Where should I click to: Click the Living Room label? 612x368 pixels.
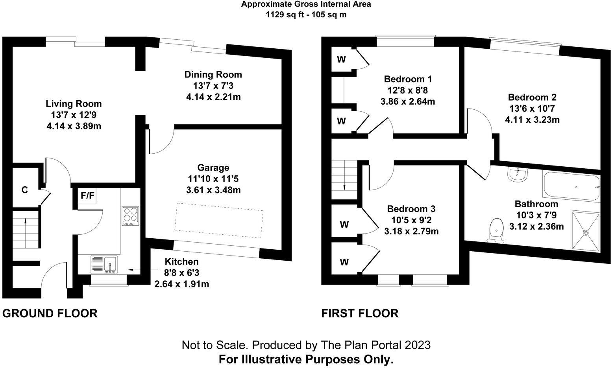(74, 104)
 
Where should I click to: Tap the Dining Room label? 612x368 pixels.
(213, 74)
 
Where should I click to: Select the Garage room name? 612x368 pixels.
(213, 168)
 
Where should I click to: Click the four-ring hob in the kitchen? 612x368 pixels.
(130, 216)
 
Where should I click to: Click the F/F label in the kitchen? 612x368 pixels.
(87, 196)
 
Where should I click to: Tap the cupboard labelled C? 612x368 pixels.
(25, 190)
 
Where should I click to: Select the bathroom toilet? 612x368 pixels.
(497, 230)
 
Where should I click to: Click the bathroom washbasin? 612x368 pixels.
(517, 175)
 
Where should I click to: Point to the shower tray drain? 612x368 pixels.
(586, 232)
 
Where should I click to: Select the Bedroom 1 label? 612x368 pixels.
(408, 79)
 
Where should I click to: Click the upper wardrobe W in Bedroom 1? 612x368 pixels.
(341, 60)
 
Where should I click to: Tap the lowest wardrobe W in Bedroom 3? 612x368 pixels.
(344, 262)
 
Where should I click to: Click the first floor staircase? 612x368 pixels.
(344, 180)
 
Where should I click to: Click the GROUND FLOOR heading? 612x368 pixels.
(50, 313)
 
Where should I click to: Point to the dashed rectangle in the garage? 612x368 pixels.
(219, 221)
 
